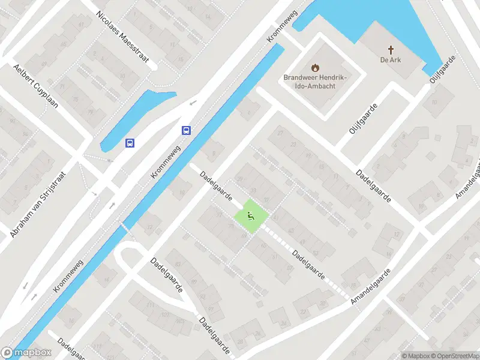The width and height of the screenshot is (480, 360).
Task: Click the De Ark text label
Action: point(390,60)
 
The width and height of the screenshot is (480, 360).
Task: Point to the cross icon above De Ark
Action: point(390,50)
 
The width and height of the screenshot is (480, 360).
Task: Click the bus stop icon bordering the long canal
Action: point(187,131)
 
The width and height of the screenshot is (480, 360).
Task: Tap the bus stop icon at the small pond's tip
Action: point(130,143)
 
